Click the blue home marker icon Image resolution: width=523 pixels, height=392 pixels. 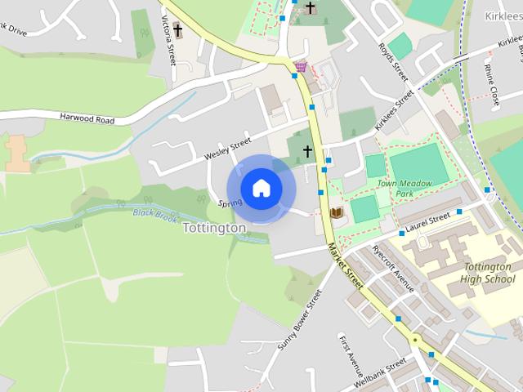click(261, 189)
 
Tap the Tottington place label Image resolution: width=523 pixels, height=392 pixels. click(214, 228)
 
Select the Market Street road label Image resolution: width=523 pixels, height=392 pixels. click(344, 264)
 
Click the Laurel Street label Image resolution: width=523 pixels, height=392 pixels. click(428, 220)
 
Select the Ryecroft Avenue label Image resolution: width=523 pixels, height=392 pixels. click(393, 269)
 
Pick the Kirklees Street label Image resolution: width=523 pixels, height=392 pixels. click(395, 111)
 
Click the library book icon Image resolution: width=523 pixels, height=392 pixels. click(336, 213)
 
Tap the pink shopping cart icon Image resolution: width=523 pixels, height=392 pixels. click(302, 66)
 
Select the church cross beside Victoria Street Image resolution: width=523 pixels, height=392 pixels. click(177, 32)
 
